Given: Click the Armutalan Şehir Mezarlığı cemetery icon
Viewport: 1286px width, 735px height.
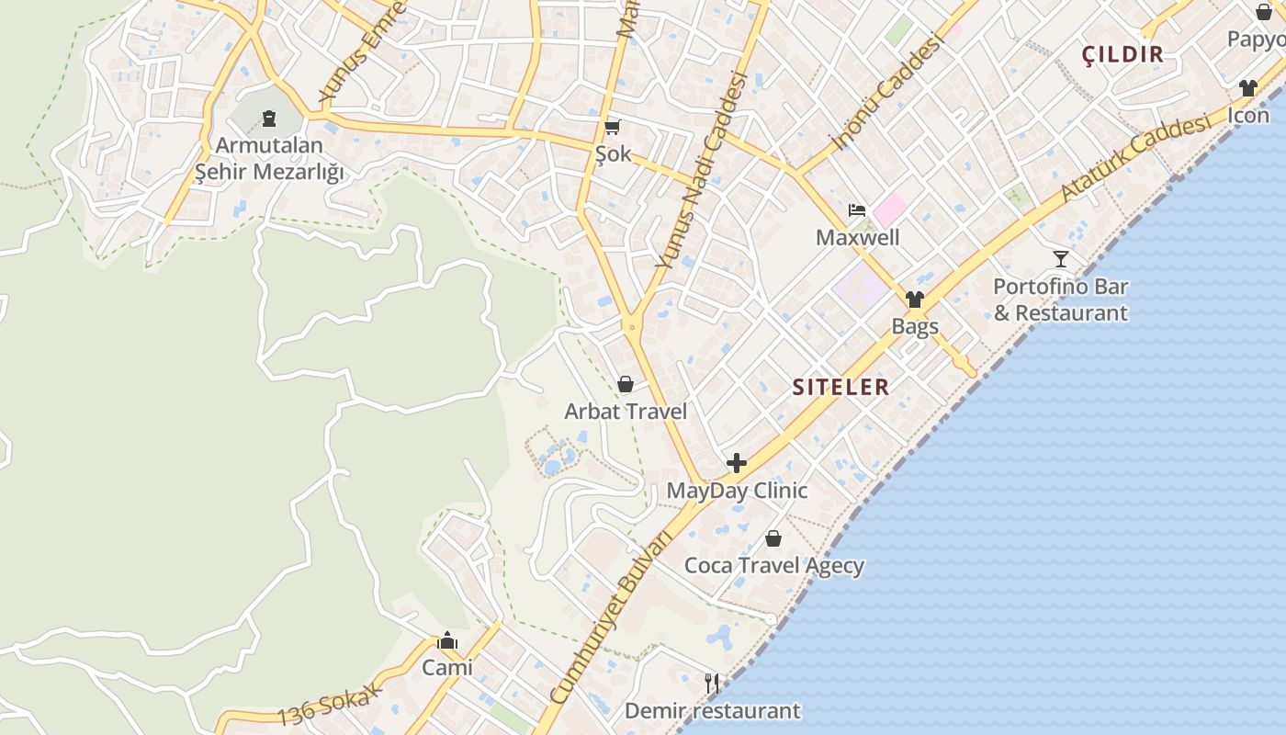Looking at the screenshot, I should [x=268, y=118].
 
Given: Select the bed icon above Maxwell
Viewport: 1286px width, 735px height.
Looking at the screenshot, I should [x=857, y=209].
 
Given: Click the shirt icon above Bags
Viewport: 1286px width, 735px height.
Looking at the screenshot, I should [x=914, y=299].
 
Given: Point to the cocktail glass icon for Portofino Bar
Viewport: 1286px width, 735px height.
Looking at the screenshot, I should [x=1061, y=258].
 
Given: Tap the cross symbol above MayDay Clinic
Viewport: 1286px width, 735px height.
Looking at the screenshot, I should [x=737, y=463].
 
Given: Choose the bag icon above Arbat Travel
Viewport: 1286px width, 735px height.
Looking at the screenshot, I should [x=626, y=383].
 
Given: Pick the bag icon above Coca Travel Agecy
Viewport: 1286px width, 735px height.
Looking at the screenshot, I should [x=773, y=537].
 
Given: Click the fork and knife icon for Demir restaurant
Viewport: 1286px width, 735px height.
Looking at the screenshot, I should [x=712, y=683].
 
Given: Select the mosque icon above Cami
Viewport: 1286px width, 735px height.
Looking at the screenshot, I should [x=447, y=639].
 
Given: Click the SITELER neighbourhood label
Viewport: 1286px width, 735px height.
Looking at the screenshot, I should [x=840, y=387].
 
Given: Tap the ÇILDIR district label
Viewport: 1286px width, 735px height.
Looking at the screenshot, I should [x=1122, y=54].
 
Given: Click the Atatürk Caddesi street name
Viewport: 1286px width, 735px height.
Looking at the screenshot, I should [x=1134, y=158].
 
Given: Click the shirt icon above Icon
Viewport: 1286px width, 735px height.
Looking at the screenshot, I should [x=1247, y=88].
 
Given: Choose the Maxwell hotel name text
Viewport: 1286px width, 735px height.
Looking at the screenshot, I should [x=858, y=238].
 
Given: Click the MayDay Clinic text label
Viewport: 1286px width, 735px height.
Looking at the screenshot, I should [x=737, y=491].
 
